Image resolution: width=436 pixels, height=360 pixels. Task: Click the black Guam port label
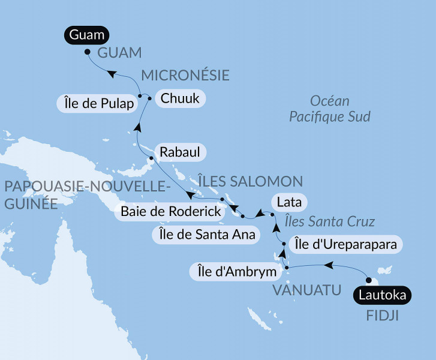tap(86, 35)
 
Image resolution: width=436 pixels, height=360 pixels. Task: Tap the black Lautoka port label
tap(382, 295)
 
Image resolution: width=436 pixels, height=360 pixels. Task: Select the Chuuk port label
tap(180, 98)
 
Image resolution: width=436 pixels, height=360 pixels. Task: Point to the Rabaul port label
tap(180, 151)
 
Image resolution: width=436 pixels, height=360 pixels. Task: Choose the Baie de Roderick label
tap(170, 211)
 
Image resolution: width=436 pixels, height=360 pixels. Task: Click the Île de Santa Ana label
tap(206, 235)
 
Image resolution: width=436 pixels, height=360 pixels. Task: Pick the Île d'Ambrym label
tap(237, 272)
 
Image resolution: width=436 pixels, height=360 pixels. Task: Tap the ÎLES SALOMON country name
tap(250, 181)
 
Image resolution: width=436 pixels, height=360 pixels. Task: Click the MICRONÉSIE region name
tap(185, 75)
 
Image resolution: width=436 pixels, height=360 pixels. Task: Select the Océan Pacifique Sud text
tap(329, 109)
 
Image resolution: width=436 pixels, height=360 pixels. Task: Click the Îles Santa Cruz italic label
tap(329, 221)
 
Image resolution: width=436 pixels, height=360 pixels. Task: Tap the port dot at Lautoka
tap(368, 279)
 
